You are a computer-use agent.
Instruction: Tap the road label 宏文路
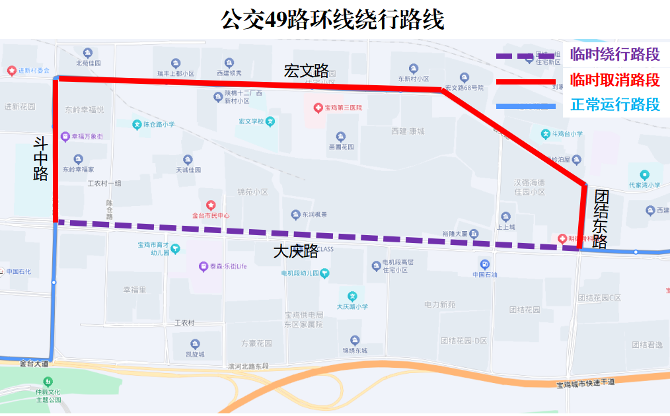pyautogui.click(x=306, y=71)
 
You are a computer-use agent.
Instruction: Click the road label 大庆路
pyautogui.click(x=295, y=252)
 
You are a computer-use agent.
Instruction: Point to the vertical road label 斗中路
pyautogui.click(x=41, y=158)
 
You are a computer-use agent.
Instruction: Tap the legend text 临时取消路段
pyautogui.click(x=614, y=80)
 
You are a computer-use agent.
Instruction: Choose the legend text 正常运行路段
pyautogui.click(x=614, y=104)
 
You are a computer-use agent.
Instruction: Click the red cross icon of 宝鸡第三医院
pyautogui.click(x=318, y=107)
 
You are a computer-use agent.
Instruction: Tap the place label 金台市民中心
pyautogui.click(x=211, y=215)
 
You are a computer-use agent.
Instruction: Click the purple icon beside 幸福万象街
pyautogui.click(x=65, y=137)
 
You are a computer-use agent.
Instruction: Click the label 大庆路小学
pyautogui.click(x=352, y=306)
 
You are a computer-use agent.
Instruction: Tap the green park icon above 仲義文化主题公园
pyautogui.click(x=48, y=382)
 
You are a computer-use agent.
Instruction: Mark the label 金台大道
pyautogui.click(x=34, y=364)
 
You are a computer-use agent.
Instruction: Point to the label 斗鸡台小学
pyautogui.click(x=567, y=134)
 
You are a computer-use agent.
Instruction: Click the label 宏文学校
pyautogui.click(x=251, y=121)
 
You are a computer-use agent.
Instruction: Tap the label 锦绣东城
pyautogui.click(x=355, y=351)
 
